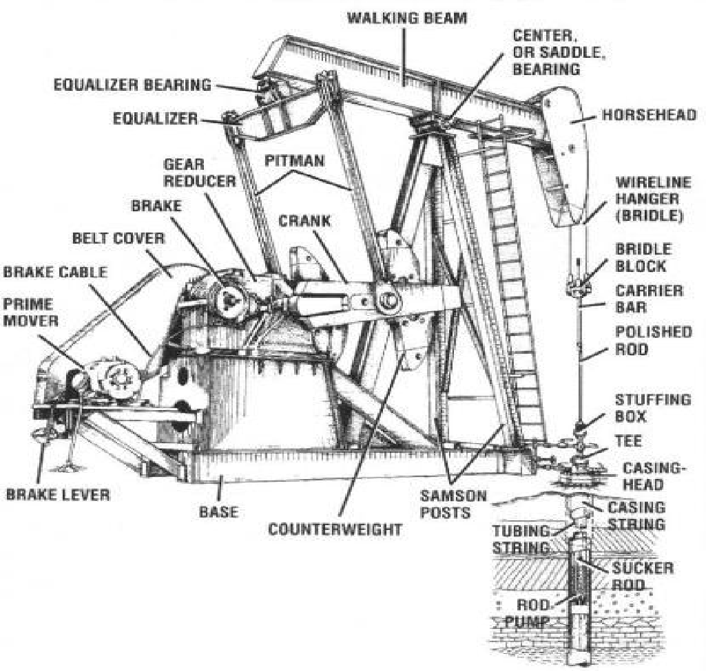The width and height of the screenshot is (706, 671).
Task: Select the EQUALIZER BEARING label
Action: click(x=133, y=85)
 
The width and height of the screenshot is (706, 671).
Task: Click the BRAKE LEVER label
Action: click(x=58, y=494)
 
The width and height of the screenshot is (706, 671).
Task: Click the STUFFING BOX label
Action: click(x=643, y=407)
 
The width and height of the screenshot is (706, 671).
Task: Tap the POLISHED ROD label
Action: click(x=642, y=341)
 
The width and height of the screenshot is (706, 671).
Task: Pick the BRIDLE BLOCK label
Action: click(x=642, y=257)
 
